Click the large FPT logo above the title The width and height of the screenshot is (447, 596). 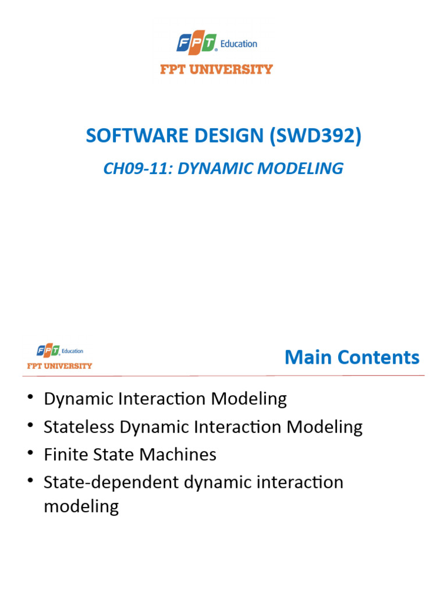coord(197,43)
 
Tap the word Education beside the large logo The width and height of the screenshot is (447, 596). coord(239,44)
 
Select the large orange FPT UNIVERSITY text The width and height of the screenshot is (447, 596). coord(217,69)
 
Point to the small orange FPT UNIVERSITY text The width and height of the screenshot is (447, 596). coord(59,366)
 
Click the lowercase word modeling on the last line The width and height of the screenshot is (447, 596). coord(81,506)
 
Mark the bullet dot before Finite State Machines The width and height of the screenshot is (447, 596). coord(30,453)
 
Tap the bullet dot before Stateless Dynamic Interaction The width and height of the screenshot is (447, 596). coord(30,426)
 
